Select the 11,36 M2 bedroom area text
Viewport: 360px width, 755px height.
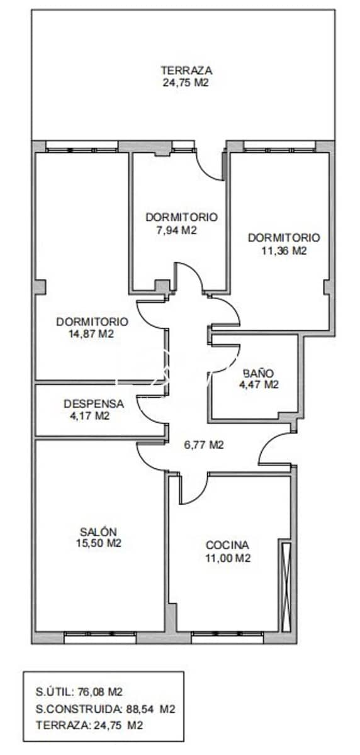[x=284, y=250]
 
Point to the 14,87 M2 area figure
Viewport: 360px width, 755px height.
[x=92, y=334]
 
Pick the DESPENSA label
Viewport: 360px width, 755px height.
[x=94, y=404]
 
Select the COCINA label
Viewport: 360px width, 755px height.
[x=228, y=545]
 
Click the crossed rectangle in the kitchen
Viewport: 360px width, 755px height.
[x=286, y=585]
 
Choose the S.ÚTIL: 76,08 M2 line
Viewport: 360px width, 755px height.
[x=79, y=692]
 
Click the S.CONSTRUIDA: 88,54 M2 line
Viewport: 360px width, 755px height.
[x=105, y=709]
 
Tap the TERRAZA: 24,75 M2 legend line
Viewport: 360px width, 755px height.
[x=89, y=725]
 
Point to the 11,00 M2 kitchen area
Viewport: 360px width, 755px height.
[x=228, y=557]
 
